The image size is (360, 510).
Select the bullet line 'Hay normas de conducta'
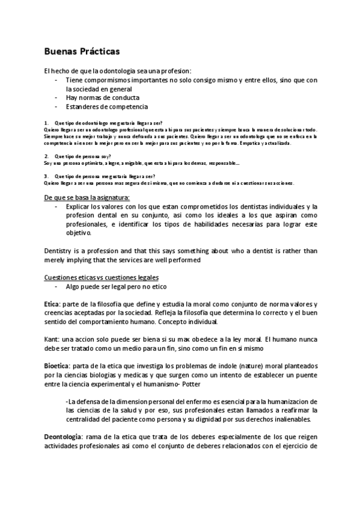[102, 97]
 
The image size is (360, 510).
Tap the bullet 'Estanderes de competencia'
[106, 106]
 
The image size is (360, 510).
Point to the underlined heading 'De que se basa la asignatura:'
[87, 198]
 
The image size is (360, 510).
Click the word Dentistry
[60, 251]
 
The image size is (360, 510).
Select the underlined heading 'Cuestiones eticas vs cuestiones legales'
[102, 277]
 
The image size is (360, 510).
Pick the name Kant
[52, 339]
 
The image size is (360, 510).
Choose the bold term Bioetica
[58, 366]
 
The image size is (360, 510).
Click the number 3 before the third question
[46, 176]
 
